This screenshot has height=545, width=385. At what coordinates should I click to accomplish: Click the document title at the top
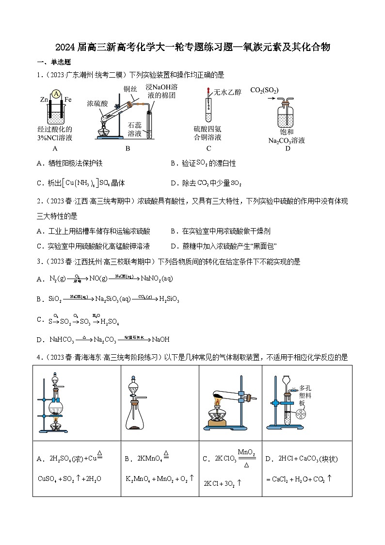(x=192, y=47)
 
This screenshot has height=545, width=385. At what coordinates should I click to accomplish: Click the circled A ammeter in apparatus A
(x=56, y=94)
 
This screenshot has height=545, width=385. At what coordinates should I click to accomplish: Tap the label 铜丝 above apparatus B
(x=130, y=88)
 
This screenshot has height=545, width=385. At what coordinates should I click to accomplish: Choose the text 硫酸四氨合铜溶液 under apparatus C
(x=208, y=133)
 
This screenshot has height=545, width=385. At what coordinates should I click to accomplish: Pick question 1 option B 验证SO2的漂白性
(x=204, y=164)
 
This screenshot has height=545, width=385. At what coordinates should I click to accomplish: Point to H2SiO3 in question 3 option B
(x=169, y=299)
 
